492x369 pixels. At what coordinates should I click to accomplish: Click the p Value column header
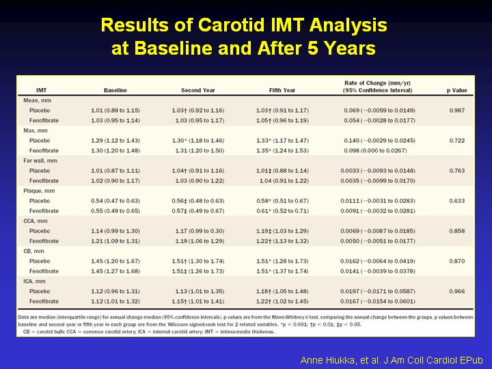pyautogui.click(x=457, y=90)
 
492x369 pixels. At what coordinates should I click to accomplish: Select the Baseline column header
pyautogui.click(x=115, y=90)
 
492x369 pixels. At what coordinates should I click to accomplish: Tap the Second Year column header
pyautogui.click(x=198, y=90)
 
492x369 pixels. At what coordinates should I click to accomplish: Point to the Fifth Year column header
pyautogui.click(x=282, y=90)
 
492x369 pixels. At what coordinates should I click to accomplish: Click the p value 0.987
pyautogui.click(x=457, y=111)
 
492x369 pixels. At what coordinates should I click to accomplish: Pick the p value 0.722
pyautogui.click(x=457, y=141)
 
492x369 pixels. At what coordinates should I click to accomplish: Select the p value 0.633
pyautogui.click(x=457, y=201)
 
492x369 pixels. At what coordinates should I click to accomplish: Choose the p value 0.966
pyautogui.click(x=457, y=291)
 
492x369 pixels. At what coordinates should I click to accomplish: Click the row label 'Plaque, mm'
pyautogui.click(x=39, y=191)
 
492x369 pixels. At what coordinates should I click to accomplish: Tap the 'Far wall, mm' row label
pyautogui.click(x=40, y=161)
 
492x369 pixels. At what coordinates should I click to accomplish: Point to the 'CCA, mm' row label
pyautogui.click(x=36, y=221)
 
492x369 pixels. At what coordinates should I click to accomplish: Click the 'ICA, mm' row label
pyautogui.click(x=34, y=281)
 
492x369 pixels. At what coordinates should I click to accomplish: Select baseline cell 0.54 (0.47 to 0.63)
pyautogui.click(x=115, y=201)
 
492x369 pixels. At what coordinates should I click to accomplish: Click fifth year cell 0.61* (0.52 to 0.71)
pyautogui.click(x=282, y=211)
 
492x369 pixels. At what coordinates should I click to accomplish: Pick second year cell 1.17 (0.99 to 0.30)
pyautogui.click(x=200, y=231)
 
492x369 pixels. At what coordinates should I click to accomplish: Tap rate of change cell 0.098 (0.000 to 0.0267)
pyautogui.click(x=375, y=150)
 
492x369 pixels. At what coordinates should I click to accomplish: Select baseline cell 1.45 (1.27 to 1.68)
pyautogui.click(x=115, y=271)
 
